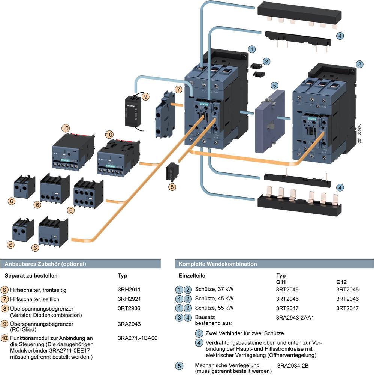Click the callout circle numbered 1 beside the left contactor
253,49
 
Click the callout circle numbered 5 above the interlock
275,86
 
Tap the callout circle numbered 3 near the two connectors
266,61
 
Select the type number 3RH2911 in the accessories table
129,289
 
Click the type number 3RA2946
129,324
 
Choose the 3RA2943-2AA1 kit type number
295,317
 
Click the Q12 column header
341,282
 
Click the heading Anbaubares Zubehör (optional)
45,264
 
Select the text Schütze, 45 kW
214,299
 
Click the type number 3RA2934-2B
295,365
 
